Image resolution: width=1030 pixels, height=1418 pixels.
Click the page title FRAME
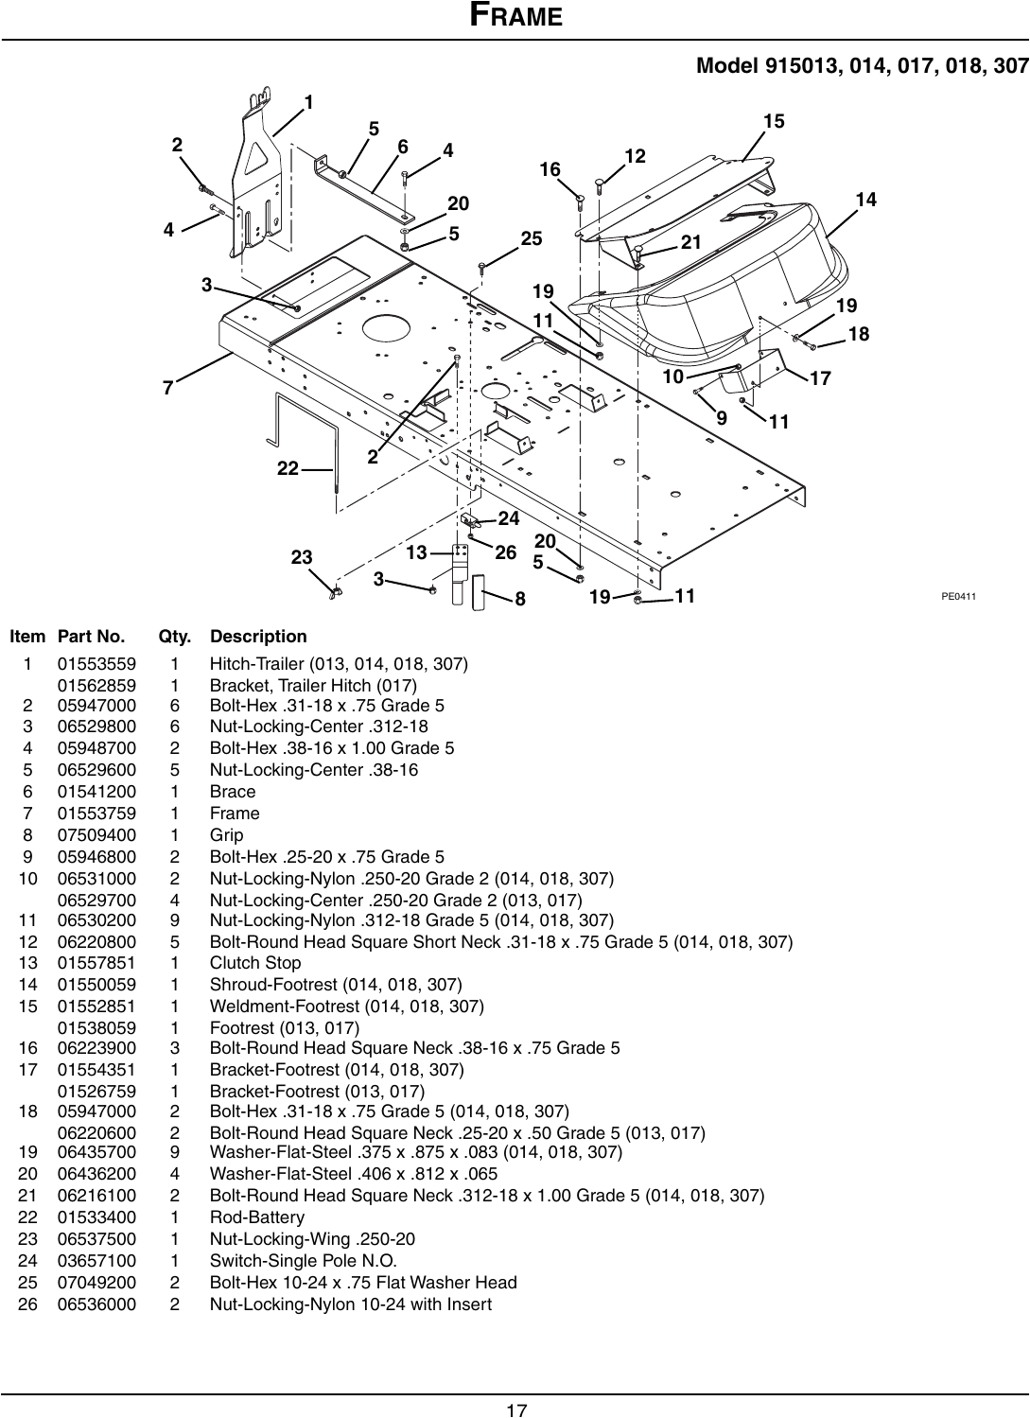tap(515, 16)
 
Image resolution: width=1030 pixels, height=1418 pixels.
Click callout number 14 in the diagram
tap(865, 200)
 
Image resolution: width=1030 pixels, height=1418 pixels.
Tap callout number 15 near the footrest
tap(774, 121)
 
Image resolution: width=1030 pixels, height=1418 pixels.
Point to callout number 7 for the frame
tap(167, 388)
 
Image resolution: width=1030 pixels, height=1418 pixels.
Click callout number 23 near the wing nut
tap(301, 558)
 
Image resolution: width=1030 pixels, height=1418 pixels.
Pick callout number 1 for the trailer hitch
tap(308, 101)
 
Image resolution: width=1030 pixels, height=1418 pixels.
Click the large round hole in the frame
tap(386, 327)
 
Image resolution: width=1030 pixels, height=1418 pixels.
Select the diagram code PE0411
tap(958, 596)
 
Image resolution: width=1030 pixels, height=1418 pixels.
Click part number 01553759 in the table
tap(96, 814)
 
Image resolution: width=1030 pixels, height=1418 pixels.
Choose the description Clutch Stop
tap(255, 963)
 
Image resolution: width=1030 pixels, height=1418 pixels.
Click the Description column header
tap(258, 637)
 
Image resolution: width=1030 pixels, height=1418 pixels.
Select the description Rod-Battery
tap(257, 1217)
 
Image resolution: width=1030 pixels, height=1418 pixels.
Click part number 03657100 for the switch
tap(96, 1261)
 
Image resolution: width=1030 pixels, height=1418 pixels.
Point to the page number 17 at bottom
tap(515, 1410)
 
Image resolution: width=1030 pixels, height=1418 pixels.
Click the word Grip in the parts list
tap(226, 835)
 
